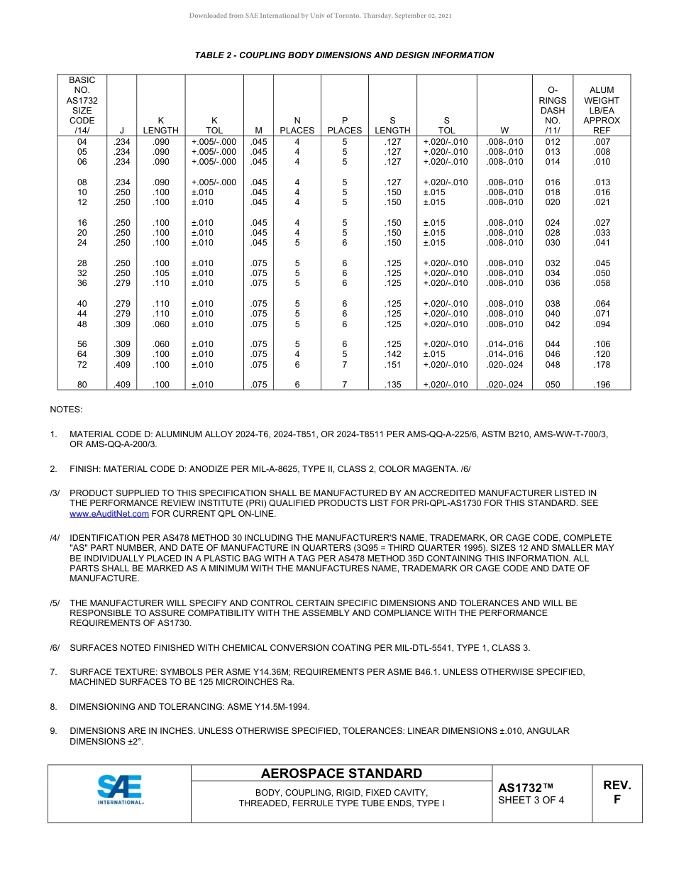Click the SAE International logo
[120, 790]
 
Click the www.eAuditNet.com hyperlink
[109, 513]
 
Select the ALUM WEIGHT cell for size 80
[601, 385]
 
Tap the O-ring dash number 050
[553, 385]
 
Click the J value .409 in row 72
[122, 365]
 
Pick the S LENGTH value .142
[392, 354]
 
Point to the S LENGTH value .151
[392, 365]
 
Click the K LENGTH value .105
[161, 273]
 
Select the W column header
[504, 131]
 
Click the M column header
[258, 131]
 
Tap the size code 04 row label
[82, 142]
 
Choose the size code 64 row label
[82, 354]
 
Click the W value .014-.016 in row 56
[504, 344]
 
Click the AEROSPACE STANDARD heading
[341, 774]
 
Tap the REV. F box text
[617, 792]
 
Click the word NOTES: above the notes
[66, 410]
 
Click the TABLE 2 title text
[344, 55]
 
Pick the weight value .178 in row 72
[601, 365]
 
